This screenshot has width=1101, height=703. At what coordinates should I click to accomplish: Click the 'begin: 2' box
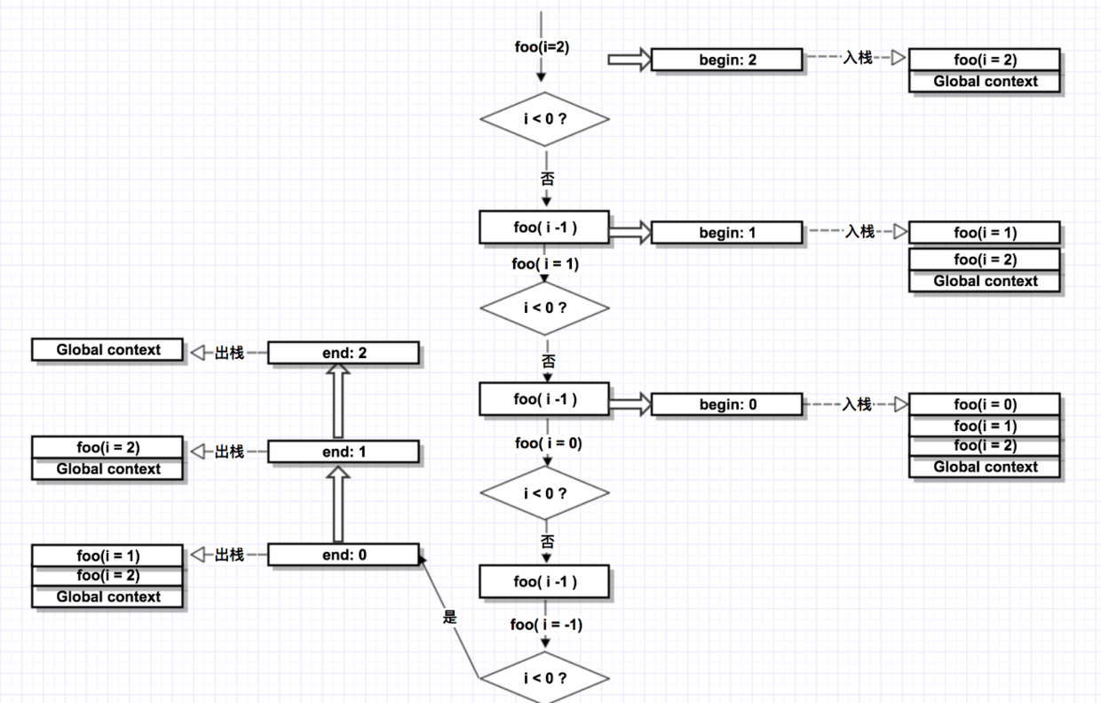(x=727, y=60)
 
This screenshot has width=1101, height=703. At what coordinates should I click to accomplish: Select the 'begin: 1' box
(x=727, y=233)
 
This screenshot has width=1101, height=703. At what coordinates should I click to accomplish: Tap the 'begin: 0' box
(x=727, y=404)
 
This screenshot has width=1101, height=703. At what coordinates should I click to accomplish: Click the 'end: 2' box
(x=344, y=353)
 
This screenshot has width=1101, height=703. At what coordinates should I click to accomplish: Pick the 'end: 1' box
(x=344, y=451)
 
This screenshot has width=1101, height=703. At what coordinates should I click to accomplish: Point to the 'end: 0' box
(x=344, y=555)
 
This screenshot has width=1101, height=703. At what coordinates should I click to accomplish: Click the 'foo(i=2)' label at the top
(x=542, y=47)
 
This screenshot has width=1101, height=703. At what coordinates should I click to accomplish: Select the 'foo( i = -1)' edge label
(x=546, y=625)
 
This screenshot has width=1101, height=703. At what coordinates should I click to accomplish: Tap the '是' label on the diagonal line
(x=450, y=617)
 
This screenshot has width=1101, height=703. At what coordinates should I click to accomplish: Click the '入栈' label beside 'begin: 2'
(x=858, y=58)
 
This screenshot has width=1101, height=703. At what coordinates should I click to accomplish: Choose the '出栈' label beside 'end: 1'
(x=229, y=451)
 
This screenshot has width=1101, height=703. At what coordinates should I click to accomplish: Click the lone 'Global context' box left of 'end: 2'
(x=107, y=350)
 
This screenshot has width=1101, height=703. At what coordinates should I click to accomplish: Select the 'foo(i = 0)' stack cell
(x=985, y=404)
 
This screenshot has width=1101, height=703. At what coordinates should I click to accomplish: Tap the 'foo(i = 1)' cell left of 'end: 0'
(x=107, y=555)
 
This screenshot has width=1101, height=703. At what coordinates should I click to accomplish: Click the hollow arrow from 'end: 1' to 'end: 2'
(x=338, y=401)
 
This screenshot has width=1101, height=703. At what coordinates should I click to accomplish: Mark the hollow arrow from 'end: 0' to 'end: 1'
(x=338, y=504)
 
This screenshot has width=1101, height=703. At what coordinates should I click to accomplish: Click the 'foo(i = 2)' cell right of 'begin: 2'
(x=985, y=60)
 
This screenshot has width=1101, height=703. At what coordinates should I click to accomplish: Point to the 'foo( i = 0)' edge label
(x=549, y=443)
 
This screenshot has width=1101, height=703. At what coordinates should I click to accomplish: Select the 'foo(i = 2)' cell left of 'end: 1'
(x=107, y=447)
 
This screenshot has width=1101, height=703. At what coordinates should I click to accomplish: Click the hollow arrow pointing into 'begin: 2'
(x=630, y=60)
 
